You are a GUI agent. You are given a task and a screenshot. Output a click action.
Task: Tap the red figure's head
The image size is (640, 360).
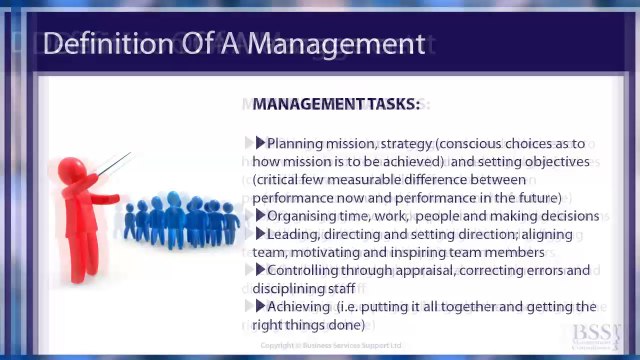pos(69,168)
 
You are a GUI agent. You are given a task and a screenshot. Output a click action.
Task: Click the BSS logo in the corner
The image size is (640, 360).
pos(596,335)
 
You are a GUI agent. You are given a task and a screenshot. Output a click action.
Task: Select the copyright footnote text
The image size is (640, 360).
pos(330,346)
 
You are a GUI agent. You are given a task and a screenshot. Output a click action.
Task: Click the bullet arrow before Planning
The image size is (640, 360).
pos(260,144)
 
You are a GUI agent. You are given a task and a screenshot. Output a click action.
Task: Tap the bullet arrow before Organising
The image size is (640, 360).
pos(260,216)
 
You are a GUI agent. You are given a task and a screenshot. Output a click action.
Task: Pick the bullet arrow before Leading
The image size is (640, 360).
pos(260,234)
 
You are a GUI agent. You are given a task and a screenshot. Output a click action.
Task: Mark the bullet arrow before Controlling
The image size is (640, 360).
pos(260,270)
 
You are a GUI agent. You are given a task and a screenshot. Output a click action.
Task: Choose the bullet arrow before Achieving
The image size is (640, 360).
pos(260,306)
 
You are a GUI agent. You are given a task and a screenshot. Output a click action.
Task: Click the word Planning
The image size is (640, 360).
pos(297,144)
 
